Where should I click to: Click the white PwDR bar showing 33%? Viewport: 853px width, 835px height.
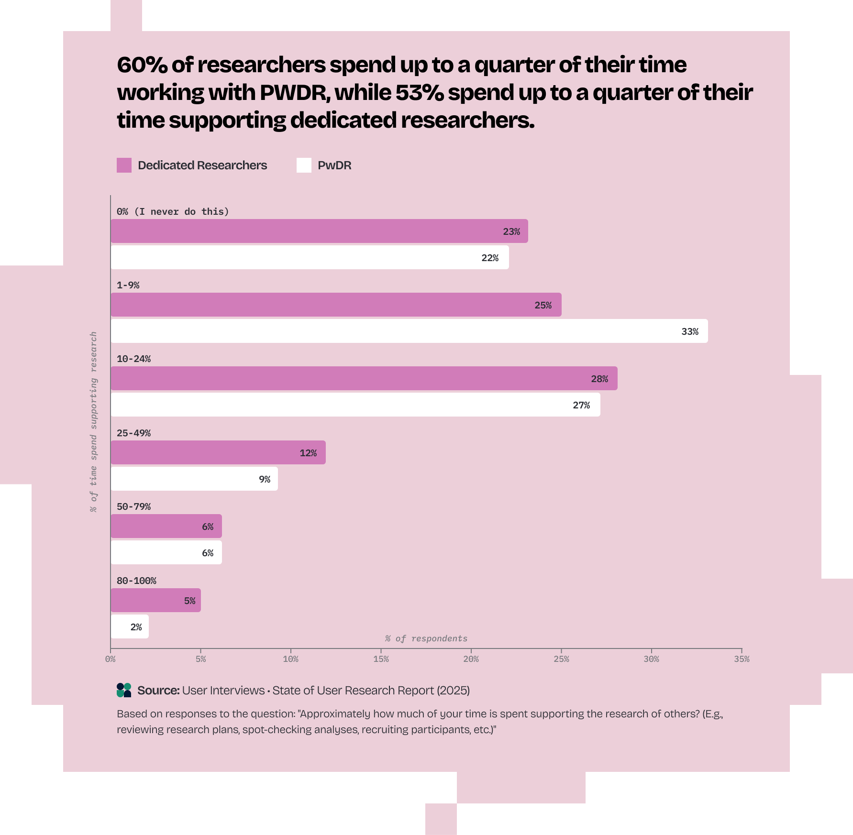click(x=409, y=331)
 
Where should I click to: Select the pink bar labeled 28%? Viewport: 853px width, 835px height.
click(x=364, y=378)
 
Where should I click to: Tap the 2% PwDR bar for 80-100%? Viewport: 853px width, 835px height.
click(x=130, y=626)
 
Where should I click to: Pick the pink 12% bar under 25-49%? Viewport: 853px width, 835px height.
click(x=218, y=452)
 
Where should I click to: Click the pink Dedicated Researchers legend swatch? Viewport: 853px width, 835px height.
click(x=124, y=165)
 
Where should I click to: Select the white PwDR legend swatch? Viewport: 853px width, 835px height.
click(x=304, y=165)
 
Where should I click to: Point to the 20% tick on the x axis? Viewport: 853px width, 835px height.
click(x=471, y=659)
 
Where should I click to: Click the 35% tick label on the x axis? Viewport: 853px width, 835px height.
click(x=742, y=659)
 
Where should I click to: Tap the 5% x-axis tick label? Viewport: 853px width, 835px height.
click(x=200, y=659)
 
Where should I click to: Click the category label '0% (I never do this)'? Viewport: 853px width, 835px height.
click(x=173, y=211)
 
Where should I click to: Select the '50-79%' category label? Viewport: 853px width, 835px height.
click(x=133, y=506)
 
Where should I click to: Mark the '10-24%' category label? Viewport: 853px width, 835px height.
click(x=133, y=359)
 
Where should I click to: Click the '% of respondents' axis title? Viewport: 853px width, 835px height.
click(x=426, y=638)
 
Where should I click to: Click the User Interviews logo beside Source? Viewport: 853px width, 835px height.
click(x=124, y=690)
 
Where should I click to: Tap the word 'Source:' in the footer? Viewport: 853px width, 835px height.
click(x=158, y=691)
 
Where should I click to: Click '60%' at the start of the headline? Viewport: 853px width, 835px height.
click(x=142, y=65)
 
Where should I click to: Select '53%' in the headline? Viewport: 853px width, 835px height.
click(x=419, y=93)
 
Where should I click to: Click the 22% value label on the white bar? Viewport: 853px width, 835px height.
click(x=489, y=258)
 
